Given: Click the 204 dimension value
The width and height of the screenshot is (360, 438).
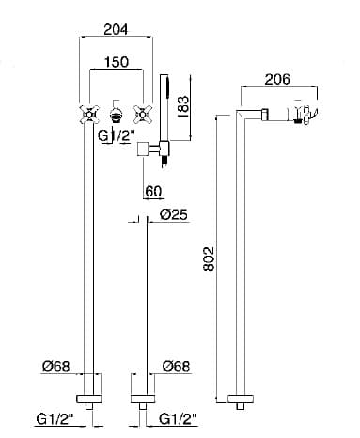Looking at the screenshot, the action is click(x=116, y=29).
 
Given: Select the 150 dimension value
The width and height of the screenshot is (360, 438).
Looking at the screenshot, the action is click(x=116, y=62).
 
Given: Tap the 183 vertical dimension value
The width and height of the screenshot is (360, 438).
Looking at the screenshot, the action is click(x=183, y=107).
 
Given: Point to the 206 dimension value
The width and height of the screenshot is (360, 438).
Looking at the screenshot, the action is click(x=277, y=79).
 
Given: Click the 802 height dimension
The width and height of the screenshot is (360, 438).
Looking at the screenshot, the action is click(x=209, y=258).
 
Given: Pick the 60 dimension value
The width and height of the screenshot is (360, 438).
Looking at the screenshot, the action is click(x=153, y=191).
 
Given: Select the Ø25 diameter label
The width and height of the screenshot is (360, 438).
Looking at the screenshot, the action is click(x=173, y=214).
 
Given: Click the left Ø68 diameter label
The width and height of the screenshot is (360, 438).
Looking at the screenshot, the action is click(x=56, y=367).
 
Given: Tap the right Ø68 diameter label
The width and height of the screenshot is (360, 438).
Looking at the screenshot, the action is click(x=177, y=367).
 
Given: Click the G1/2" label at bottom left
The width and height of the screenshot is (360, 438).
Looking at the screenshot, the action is click(x=55, y=419).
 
